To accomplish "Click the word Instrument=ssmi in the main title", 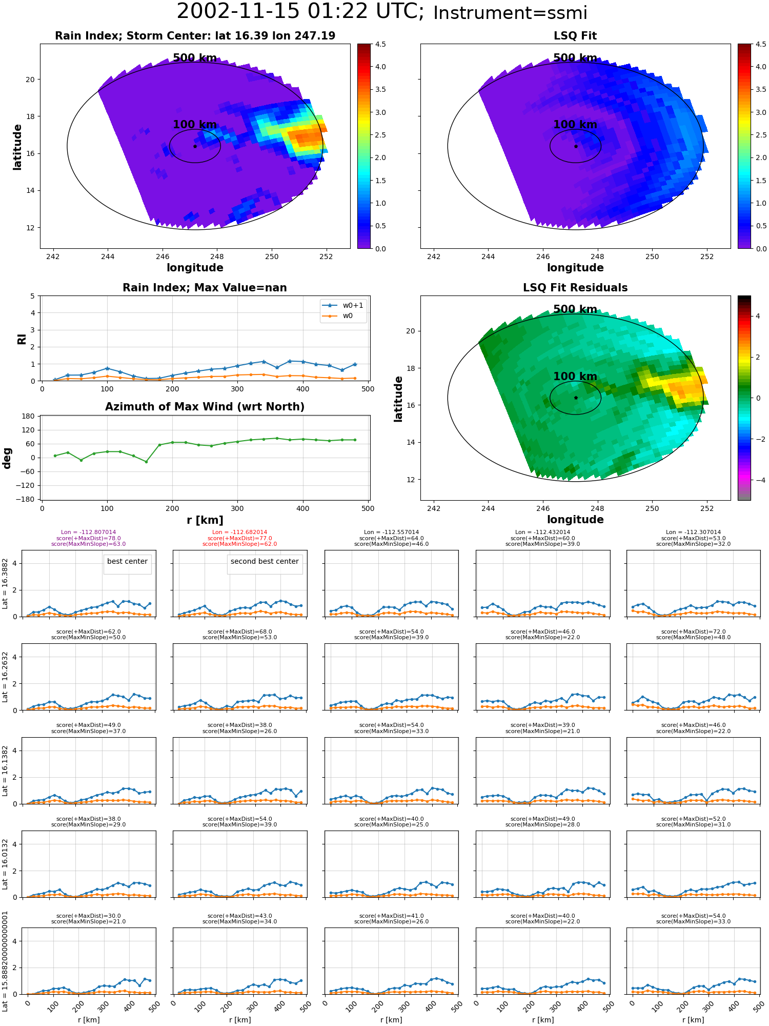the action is click(x=510, y=13).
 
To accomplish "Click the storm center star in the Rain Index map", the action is click(x=195, y=146).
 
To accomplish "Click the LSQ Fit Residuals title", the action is click(x=575, y=288).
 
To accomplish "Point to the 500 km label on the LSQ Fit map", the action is click(x=575, y=58).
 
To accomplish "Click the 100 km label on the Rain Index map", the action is click(x=195, y=125).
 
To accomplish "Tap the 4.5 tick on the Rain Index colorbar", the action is click(x=380, y=44).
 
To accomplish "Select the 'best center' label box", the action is click(x=127, y=562).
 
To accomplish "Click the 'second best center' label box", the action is click(x=265, y=562).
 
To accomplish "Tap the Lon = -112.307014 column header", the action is click(x=693, y=532).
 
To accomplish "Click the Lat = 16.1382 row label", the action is click(x=5, y=771).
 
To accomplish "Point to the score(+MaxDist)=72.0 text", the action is click(x=693, y=632).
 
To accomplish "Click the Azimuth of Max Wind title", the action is click(x=205, y=407).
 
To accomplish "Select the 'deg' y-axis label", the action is click(x=7, y=458).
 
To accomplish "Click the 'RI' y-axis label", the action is click(x=22, y=339).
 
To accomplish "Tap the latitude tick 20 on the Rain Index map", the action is click(x=30, y=80).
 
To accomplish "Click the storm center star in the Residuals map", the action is click(x=576, y=398).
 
